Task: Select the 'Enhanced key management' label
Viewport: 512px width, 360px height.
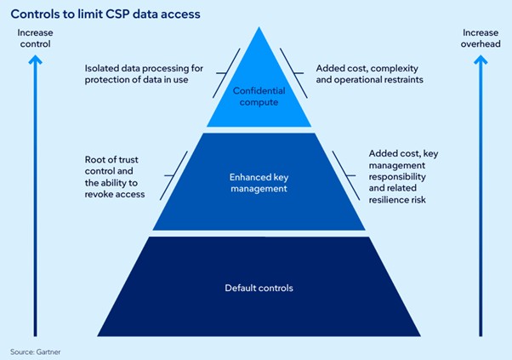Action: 255,181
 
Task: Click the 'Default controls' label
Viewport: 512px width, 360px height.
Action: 259,288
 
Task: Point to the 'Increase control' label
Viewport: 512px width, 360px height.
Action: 34,38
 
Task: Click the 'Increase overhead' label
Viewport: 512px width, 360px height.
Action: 481,38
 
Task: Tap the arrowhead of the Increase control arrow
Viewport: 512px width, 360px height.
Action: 34,59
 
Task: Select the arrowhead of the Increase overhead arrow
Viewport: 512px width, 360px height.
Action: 481,59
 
